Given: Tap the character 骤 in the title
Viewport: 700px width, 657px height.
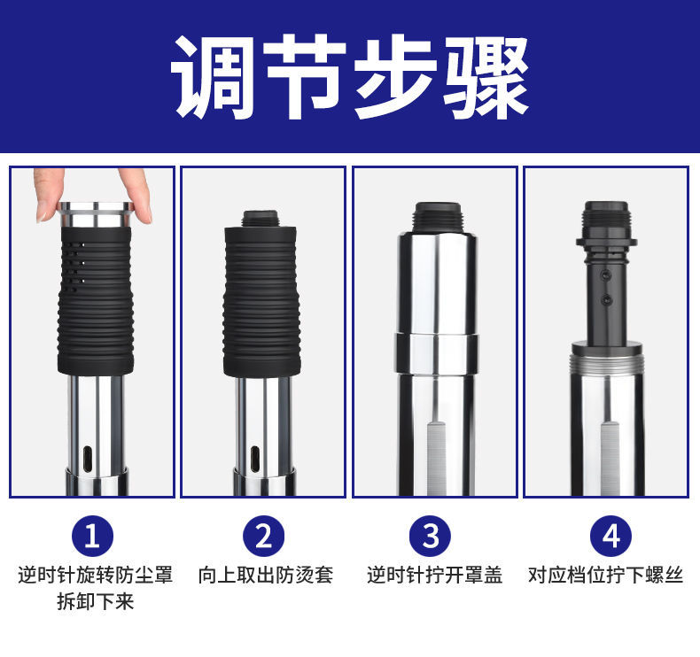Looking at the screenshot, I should click(x=486, y=78).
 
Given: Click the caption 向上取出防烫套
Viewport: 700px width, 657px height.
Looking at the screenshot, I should click(x=263, y=575).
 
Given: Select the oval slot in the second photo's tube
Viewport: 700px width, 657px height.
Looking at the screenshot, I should click(x=255, y=460).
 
